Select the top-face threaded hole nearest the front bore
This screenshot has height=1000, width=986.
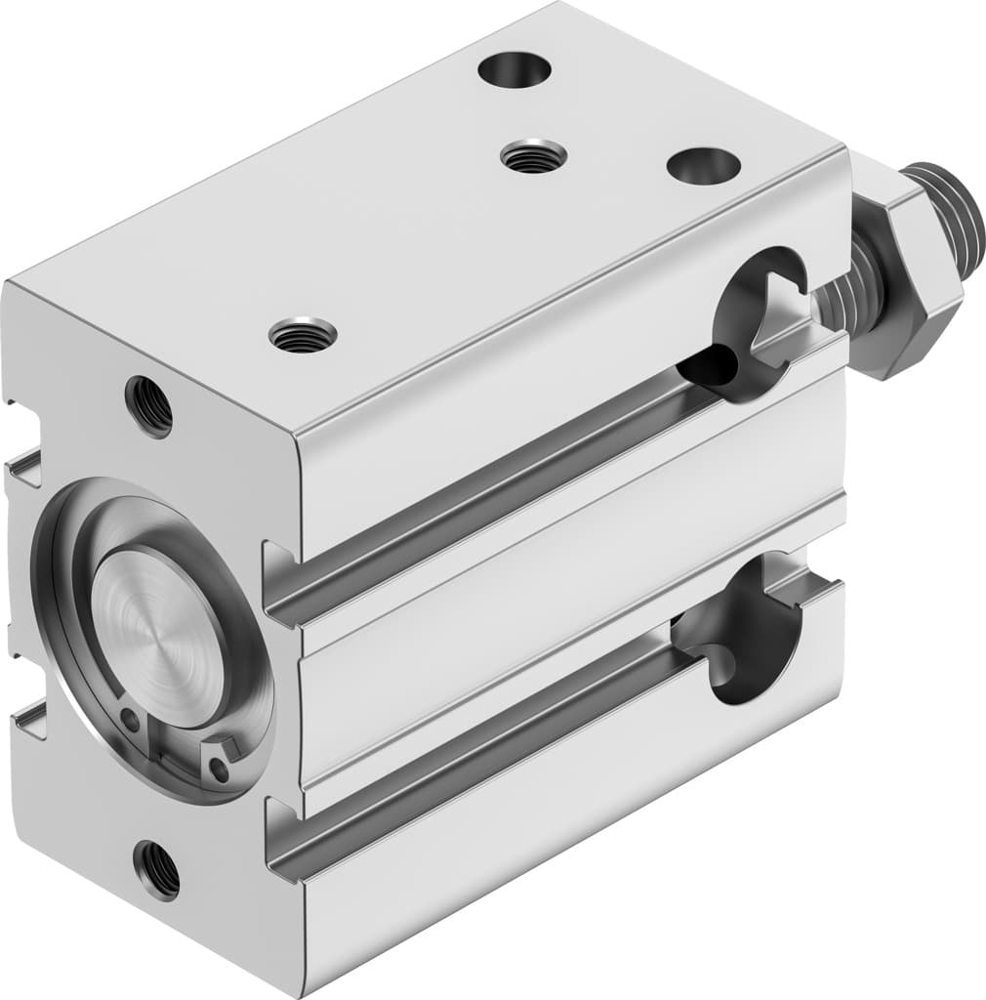[303, 336]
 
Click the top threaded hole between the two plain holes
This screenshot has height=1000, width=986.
[533, 155]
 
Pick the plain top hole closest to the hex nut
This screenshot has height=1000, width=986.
[703, 165]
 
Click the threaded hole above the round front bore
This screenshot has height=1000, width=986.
[148, 406]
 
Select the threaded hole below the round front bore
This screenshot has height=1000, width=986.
[157, 868]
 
